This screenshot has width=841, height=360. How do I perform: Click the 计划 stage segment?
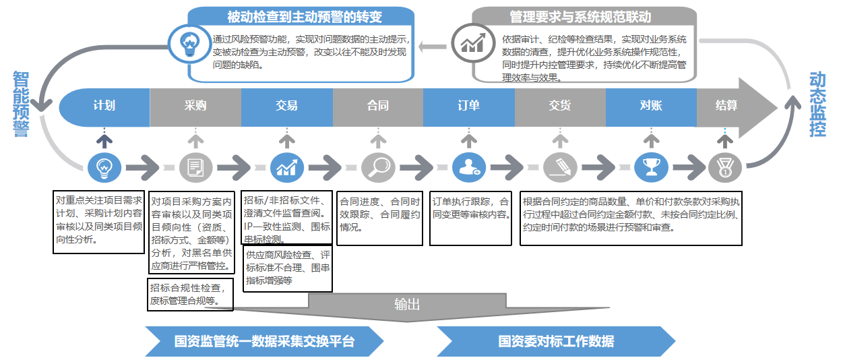(x=104, y=106)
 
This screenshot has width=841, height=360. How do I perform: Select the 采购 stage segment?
(x=195, y=106)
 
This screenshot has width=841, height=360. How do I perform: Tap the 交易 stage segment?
(x=286, y=106)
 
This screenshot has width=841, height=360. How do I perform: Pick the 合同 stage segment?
(x=377, y=106)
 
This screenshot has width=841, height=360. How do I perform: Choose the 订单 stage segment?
(x=468, y=106)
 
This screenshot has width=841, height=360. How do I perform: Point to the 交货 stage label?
(x=559, y=106)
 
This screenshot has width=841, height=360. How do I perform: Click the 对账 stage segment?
(x=650, y=106)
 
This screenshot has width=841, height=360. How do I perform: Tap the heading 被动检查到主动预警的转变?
(x=300, y=17)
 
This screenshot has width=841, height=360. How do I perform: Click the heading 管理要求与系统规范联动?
(x=584, y=17)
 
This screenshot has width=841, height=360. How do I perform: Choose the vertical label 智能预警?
(x=21, y=104)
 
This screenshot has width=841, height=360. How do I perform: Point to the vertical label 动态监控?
(x=817, y=104)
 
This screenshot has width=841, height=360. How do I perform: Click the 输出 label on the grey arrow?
(x=407, y=304)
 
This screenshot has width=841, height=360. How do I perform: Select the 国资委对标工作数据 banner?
(x=556, y=341)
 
